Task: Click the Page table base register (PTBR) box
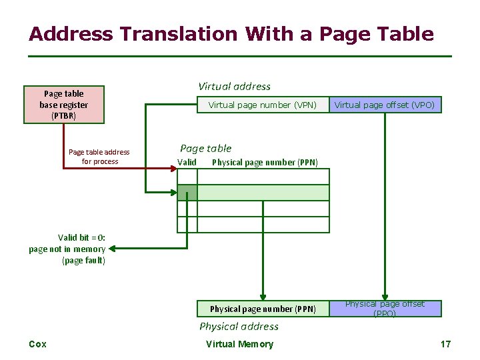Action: point(63,105)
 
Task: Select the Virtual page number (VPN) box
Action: point(262,105)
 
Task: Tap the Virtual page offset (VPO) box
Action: point(384,105)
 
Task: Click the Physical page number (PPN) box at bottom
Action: point(263,309)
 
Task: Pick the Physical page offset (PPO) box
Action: point(384,309)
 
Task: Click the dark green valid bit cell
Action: point(187,193)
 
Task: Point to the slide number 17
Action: point(445,344)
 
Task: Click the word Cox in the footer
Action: point(38,344)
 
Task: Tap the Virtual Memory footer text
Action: point(239,344)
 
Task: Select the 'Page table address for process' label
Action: point(99,157)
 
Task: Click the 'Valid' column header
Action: point(187,162)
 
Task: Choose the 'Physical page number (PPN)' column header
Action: point(265,162)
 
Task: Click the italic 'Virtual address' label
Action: point(235,86)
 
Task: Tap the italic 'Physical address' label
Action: point(239,326)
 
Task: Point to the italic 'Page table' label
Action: point(206,148)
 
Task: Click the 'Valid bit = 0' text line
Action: point(81,237)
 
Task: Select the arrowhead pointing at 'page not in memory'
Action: point(112,249)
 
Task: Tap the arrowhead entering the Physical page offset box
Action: point(384,297)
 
